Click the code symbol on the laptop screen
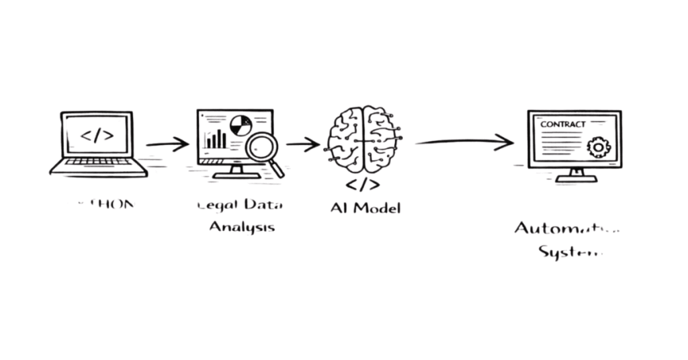[x=97, y=135]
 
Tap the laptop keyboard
[x=98, y=162]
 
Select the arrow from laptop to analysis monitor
[x=168, y=143]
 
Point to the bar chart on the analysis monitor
[x=216, y=139]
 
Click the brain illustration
[x=363, y=139]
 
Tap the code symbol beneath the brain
[x=363, y=184]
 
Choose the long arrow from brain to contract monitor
[x=464, y=141]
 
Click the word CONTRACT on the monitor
[x=563, y=124]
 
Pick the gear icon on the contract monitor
[x=598, y=146]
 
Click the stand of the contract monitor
[x=576, y=176]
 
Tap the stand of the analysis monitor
[x=236, y=173]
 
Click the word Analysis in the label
[x=242, y=226]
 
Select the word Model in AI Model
[x=377, y=207]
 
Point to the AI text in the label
[x=339, y=207]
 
